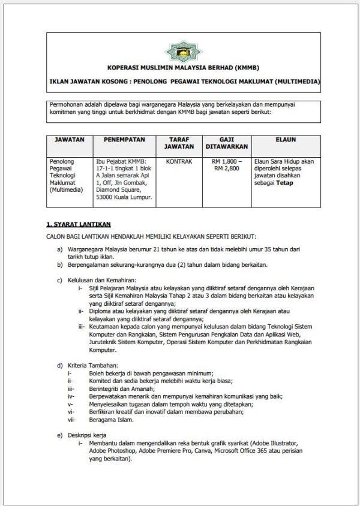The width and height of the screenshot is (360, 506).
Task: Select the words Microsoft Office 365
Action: [246, 450]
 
